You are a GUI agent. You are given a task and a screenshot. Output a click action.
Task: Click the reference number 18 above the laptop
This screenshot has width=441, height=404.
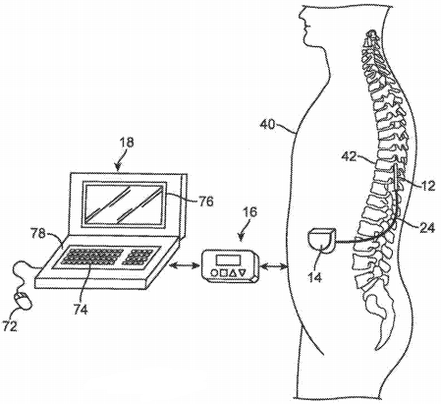tap(128, 143)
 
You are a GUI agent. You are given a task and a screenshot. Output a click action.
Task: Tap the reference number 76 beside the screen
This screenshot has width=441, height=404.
tap(206, 201)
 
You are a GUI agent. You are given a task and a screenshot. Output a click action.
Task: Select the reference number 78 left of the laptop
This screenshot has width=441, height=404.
tap(38, 234)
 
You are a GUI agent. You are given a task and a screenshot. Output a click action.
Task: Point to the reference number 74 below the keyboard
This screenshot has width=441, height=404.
tap(81, 310)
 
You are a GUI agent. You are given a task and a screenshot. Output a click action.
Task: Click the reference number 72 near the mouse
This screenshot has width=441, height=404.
tap(10, 326)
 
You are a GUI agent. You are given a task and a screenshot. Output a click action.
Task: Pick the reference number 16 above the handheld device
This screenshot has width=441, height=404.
tap(249, 211)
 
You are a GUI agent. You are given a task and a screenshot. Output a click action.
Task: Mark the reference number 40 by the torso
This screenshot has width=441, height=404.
tap(267, 124)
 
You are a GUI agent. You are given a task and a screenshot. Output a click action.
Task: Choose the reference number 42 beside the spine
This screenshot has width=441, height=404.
tap(349, 156)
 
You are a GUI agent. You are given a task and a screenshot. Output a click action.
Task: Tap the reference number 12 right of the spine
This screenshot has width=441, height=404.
tap(428, 186)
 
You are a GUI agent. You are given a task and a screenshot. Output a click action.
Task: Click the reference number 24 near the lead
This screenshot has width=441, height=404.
tap(427, 227)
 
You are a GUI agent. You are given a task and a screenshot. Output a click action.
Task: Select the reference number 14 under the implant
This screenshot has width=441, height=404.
tap(315, 277)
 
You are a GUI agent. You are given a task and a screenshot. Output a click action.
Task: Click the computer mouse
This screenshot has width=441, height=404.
tap(23, 301)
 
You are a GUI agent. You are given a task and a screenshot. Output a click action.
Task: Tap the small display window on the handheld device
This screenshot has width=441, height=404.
tap(228, 260)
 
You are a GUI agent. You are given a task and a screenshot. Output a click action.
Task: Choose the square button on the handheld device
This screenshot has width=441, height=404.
tap(224, 272)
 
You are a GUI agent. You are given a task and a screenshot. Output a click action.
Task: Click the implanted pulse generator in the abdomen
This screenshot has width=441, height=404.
tap(321, 241)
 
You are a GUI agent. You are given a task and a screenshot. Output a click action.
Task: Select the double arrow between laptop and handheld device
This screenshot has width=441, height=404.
tap(185, 266)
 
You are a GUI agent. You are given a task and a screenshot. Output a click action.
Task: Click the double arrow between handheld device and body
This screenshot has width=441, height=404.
tap(275, 268)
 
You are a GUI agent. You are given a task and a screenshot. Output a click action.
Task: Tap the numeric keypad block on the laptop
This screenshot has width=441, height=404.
tap(138, 258)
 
